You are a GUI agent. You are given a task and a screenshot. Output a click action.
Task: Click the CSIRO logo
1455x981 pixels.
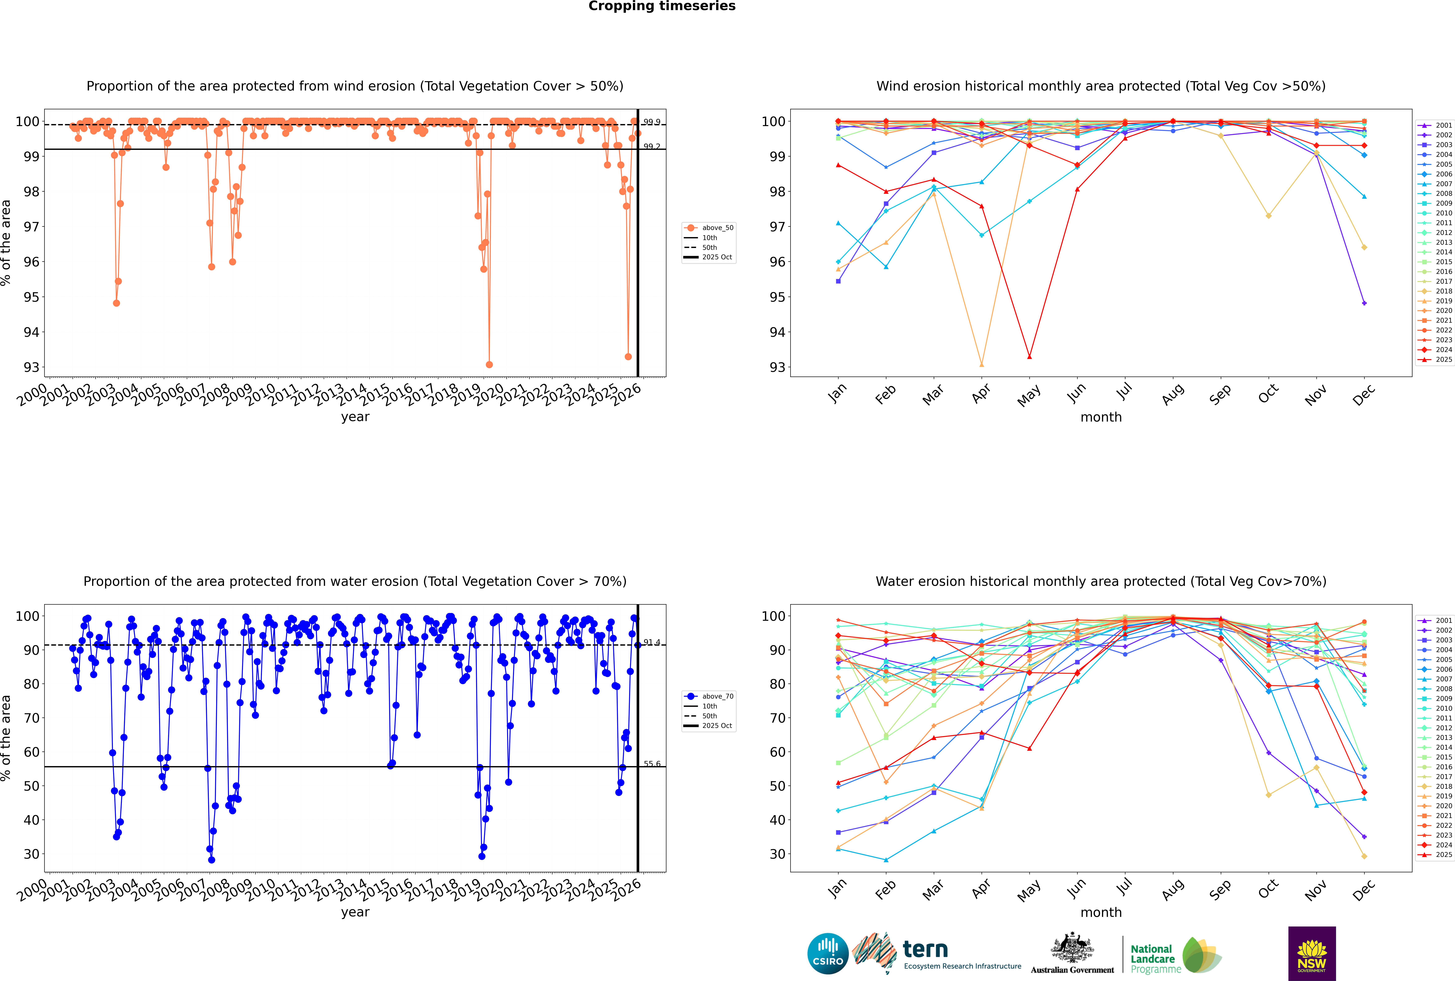(828, 954)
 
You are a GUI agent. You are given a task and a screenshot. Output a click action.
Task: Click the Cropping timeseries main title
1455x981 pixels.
(662, 6)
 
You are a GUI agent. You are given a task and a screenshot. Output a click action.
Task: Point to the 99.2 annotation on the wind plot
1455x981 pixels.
(652, 146)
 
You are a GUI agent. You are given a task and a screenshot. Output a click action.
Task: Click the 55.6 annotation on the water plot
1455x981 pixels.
(652, 764)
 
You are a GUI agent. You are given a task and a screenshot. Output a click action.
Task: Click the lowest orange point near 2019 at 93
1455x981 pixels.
(489, 365)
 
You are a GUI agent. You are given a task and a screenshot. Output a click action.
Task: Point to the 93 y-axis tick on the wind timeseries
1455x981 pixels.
(31, 367)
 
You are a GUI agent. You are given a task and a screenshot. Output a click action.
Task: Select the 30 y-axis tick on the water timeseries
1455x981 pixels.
(31, 854)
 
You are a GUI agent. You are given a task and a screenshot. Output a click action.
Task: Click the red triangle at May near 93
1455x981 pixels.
(1030, 357)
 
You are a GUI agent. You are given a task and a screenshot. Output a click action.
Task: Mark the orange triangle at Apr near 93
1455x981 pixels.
(982, 365)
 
